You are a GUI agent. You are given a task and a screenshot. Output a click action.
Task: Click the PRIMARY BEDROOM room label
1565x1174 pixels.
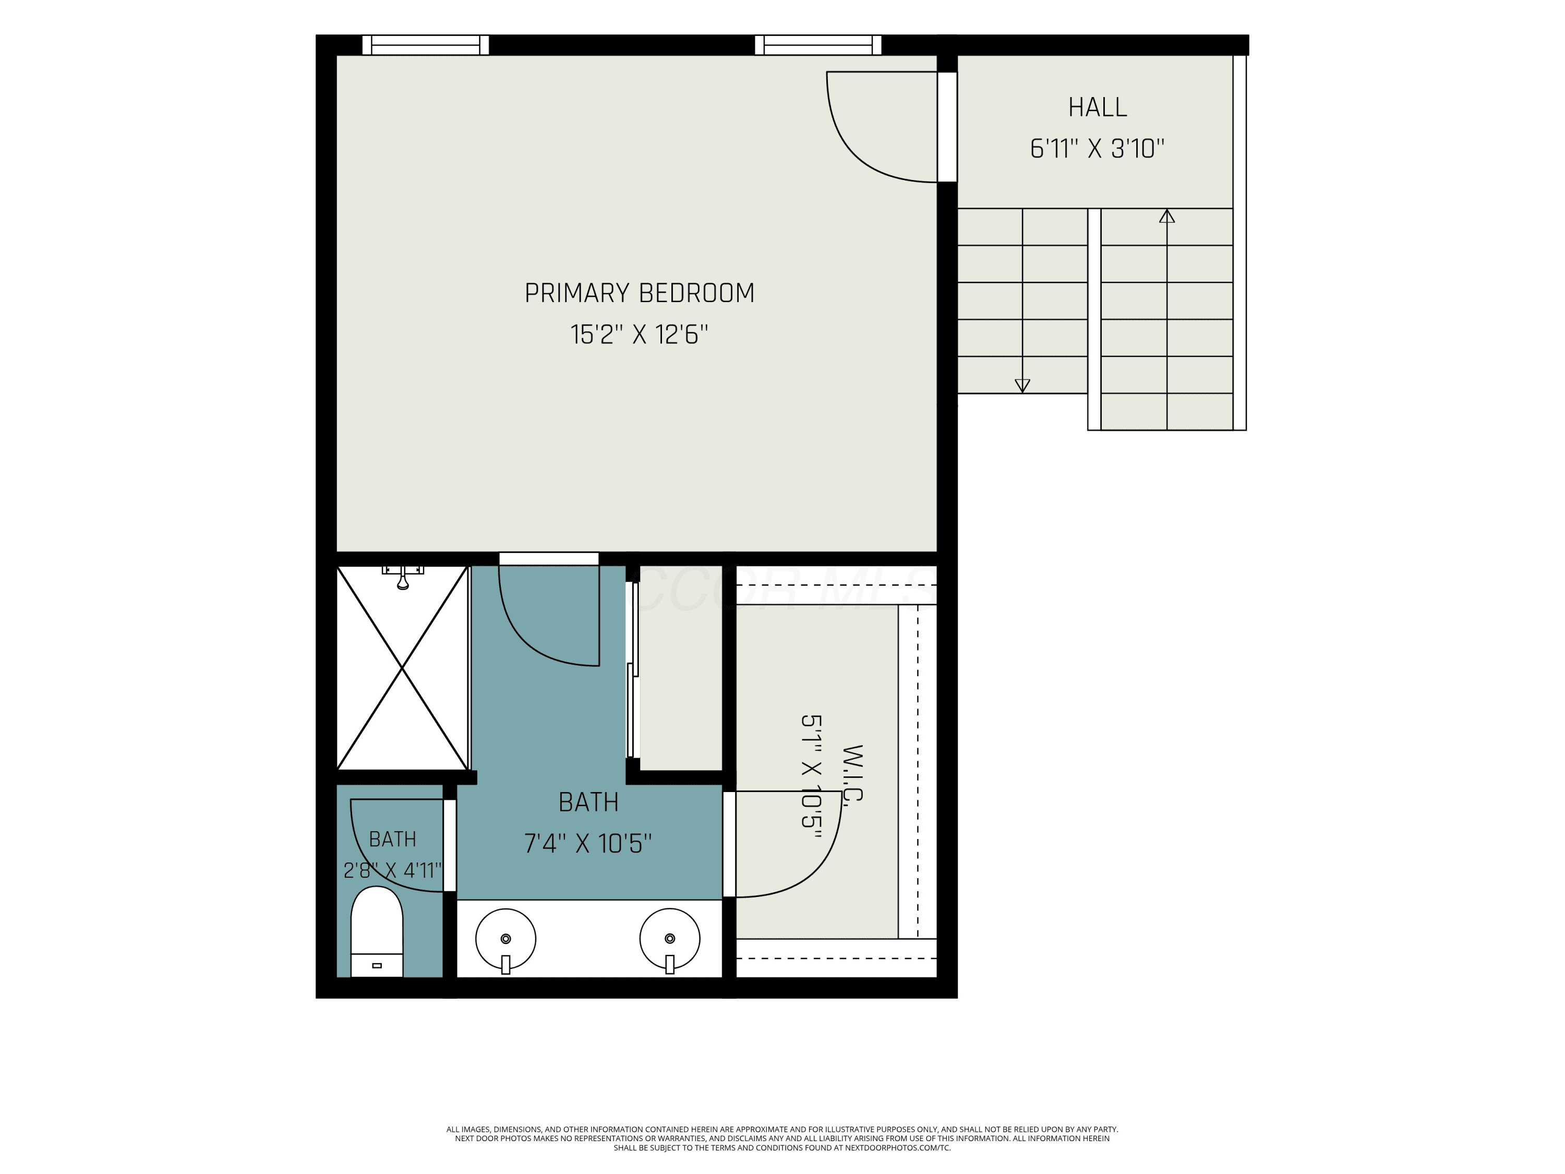click(x=639, y=293)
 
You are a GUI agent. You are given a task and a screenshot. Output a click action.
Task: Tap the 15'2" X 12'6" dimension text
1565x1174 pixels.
click(x=639, y=334)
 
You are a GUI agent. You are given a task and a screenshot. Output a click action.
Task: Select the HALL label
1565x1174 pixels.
click(x=1098, y=107)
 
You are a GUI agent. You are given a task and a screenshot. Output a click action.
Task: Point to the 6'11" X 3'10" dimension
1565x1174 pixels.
click(x=1097, y=149)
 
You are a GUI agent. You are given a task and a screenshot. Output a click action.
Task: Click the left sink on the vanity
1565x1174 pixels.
click(x=505, y=939)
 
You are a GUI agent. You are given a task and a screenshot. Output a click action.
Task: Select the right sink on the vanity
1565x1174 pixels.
click(x=669, y=939)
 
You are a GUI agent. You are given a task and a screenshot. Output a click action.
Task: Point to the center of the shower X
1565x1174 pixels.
click(x=402, y=667)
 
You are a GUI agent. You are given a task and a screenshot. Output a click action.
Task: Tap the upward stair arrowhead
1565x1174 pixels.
click(x=1166, y=216)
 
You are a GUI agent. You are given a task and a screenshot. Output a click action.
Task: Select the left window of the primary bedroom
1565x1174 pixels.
click(x=425, y=44)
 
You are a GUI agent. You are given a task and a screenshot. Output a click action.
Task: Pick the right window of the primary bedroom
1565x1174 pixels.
click(x=818, y=44)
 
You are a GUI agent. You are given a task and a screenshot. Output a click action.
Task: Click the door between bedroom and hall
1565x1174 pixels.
click(x=947, y=127)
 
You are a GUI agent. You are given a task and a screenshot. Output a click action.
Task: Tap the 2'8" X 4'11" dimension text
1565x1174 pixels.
click(x=393, y=870)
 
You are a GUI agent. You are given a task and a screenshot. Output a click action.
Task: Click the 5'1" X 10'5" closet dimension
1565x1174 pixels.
click(x=811, y=776)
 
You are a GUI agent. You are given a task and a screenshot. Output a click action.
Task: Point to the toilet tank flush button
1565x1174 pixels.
click(x=377, y=966)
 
